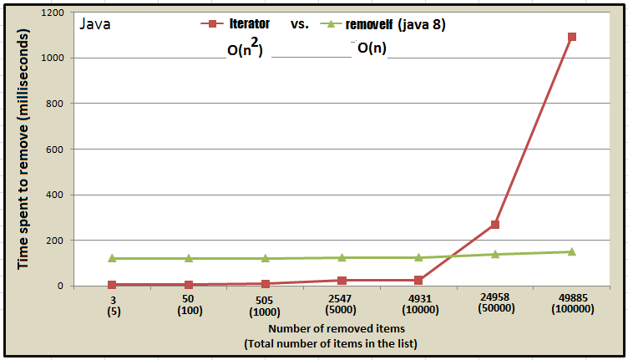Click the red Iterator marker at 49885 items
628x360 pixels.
(571, 37)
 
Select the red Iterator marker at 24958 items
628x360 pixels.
(495, 225)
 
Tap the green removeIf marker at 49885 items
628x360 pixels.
(571, 251)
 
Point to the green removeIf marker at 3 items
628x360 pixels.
(112, 258)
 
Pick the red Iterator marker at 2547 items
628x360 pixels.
(342, 281)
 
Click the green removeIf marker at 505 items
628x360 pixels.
(266, 258)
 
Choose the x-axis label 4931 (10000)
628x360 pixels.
(418, 303)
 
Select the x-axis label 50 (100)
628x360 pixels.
(189, 303)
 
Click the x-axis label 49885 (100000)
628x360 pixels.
(571, 303)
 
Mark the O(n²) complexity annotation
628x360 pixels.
(246, 49)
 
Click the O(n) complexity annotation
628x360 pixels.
(372, 48)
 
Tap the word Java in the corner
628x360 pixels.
(95, 23)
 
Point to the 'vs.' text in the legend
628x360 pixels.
(300, 24)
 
